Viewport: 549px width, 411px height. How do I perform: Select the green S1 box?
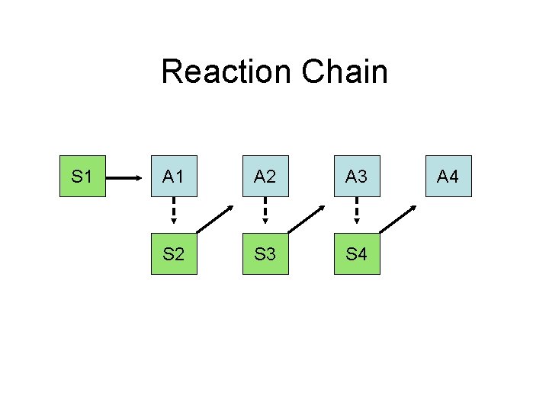[82, 177]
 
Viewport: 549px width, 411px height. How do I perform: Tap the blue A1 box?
[174, 177]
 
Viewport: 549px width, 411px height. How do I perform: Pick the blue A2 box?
[265, 177]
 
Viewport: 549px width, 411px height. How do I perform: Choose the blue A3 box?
[357, 177]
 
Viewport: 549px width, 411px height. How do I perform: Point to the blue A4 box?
[448, 177]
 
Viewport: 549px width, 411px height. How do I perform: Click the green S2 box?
[174, 253]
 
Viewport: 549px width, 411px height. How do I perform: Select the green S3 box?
[265, 253]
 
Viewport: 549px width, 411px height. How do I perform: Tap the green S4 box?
[357, 253]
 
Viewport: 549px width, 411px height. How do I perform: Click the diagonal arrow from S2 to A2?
[215, 218]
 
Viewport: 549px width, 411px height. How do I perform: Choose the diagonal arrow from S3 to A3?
[307, 218]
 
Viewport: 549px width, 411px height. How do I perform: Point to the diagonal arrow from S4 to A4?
[398, 218]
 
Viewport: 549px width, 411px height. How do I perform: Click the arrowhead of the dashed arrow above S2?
[174, 221]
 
